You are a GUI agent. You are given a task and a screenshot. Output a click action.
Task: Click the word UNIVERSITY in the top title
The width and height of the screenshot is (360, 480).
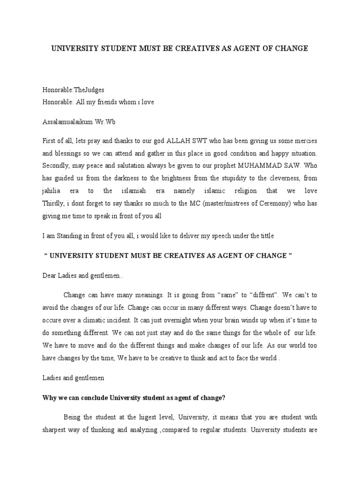coord(74,48)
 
